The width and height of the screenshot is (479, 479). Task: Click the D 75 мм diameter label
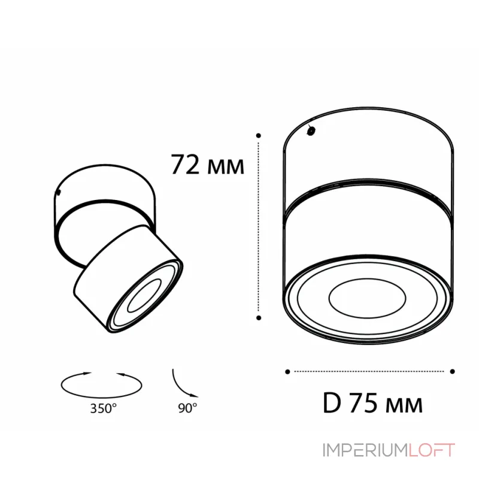click(372, 404)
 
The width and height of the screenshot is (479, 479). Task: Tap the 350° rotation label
click(104, 410)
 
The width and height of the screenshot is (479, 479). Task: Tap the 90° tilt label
click(187, 410)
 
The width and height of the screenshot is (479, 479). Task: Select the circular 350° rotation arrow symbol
click(102, 383)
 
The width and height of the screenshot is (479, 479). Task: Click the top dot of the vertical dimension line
click(258, 136)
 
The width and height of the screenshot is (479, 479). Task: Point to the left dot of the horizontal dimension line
click(288, 371)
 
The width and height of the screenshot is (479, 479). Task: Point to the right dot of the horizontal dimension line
click(453, 371)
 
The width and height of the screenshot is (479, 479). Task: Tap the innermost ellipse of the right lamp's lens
click(367, 296)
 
